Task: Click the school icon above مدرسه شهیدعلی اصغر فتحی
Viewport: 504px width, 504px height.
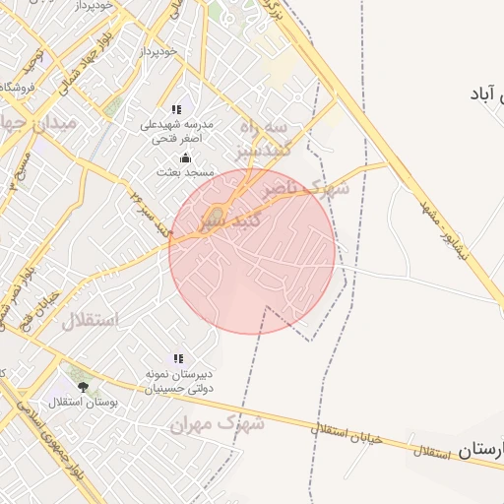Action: pyautogui.click(x=176, y=110)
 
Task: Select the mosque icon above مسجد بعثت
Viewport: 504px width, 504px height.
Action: pyautogui.click(x=184, y=157)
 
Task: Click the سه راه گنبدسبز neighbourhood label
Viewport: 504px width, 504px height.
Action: pyautogui.click(x=262, y=139)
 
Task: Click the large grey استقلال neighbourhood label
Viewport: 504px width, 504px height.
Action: pyautogui.click(x=91, y=320)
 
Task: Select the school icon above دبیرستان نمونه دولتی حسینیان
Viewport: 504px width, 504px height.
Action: pyautogui.click(x=178, y=359)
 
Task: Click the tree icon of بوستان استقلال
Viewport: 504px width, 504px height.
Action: pyautogui.click(x=83, y=387)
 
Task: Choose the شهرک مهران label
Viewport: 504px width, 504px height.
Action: pyautogui.click(x=217, y=424)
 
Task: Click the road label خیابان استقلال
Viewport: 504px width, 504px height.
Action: pyautogui.click(x=345, y=434)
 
